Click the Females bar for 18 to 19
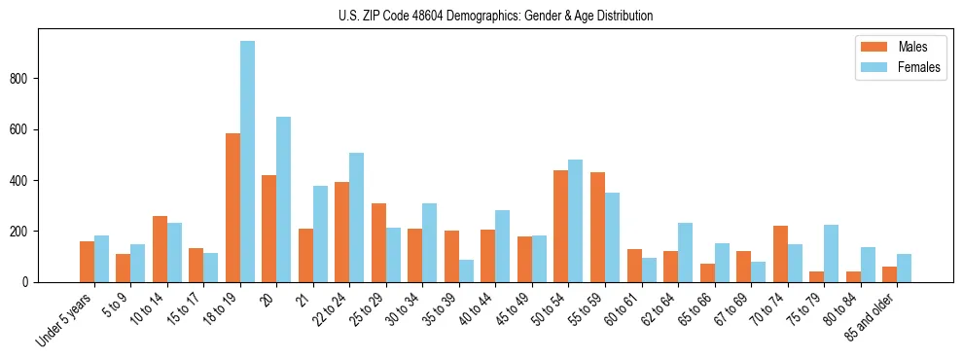(248, 162)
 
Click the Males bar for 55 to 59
(597, 227)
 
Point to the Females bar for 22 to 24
(357, 217)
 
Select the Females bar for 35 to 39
(467, 270)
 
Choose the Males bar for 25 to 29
(378, 242)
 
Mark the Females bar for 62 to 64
(686, 252)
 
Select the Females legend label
(919, 68)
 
